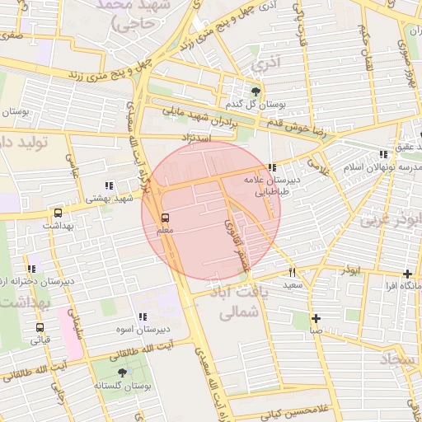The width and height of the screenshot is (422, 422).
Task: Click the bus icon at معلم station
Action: pyautogui.click(x=166, y=218)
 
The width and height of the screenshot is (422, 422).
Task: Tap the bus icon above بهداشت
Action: pyautogui.click(x=57, y=213)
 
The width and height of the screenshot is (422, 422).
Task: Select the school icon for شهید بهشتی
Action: pyautogui.click(x=109, y=186)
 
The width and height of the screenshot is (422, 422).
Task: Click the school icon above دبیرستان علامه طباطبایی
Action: pyautogui.click(x=272, y=167)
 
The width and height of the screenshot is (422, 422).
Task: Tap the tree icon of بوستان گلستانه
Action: pyautogui.click(x=122, y=373)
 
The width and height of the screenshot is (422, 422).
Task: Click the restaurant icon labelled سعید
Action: pyautogui.click(x=292, y=272)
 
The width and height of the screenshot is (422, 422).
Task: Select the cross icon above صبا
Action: pyautogui.click(x=316, y=318)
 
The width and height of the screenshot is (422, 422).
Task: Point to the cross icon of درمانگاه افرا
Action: pyautogui.click(x=408, y=274)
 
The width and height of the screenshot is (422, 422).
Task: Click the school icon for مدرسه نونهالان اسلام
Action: pyautogui.click(x=382, y=154)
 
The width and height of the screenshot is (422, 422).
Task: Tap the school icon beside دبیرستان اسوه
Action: pyautogui.click(x=143, y=316)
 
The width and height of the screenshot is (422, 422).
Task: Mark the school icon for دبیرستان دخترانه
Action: pyautogui.click(x=32, y=269)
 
